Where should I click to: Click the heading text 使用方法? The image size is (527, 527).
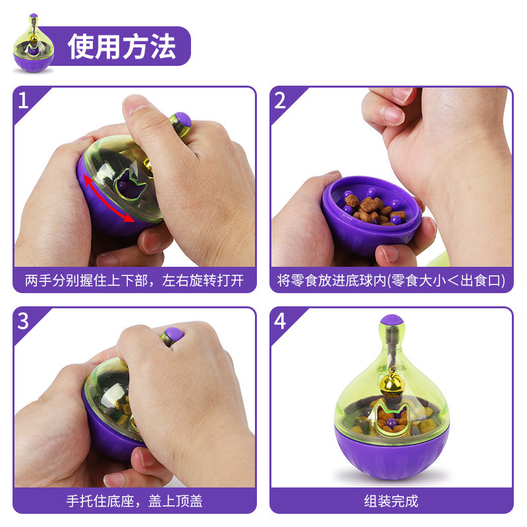(x=122, y=46)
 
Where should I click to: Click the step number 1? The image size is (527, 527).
(x=24, y=101)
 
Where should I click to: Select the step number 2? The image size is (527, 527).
(x=280, y=101)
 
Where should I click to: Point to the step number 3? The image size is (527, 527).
(x=24, y=321)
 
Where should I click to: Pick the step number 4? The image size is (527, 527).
(x=280, y=321)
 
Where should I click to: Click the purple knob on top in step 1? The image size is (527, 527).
(x=182, y=120)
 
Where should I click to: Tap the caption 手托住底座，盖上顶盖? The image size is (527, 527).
(x=134, y=501)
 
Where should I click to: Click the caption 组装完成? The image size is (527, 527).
(x=391, y=501)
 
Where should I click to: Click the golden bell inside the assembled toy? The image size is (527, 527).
(x=393, y=383)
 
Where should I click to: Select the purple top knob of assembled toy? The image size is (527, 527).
(x=393, y=322)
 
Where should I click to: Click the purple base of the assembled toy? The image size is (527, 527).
(x=392, y=455)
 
